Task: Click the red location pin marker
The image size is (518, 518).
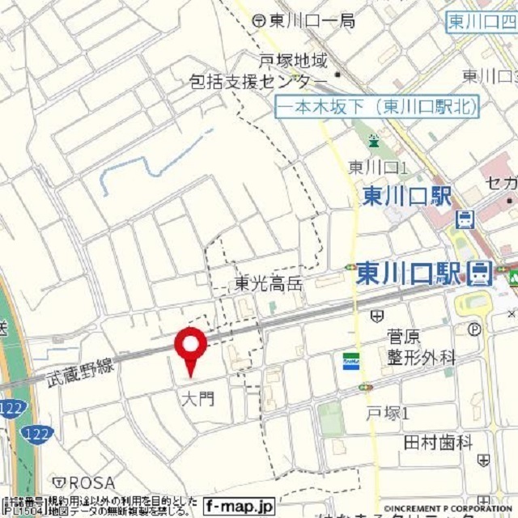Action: [191, 346]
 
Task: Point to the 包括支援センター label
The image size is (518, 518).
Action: [258, 83]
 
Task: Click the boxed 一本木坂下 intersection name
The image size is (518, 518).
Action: [377, 106]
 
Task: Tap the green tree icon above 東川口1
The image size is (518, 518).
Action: [373, 142]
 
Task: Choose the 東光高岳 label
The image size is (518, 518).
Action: [268, 284]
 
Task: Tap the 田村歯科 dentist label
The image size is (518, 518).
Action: [438, 442]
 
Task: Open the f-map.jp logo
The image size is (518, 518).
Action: [239, 507]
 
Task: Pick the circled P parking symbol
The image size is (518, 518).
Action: [474, 329]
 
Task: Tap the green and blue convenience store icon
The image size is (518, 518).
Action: [350, 360]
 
